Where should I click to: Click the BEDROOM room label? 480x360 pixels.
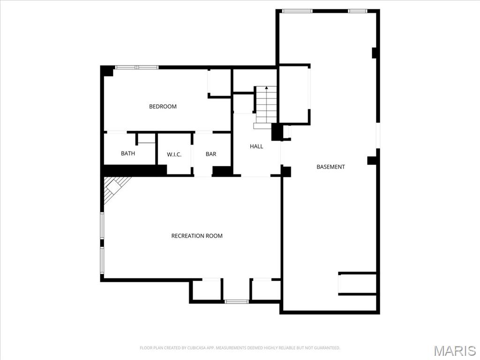tap(163, 106)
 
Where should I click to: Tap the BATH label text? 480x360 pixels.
tap(128, 153)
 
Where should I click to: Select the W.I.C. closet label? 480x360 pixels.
tap(174, 154)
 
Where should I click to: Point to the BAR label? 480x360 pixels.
tap(211, 154)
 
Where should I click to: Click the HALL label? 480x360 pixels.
tap(256, 146)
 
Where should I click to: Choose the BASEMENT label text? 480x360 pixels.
tap(330, 167)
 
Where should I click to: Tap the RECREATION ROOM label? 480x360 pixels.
tap(197, 236)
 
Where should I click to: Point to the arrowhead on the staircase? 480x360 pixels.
tap(267, 88)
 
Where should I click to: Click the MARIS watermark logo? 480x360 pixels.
tap(454, 350)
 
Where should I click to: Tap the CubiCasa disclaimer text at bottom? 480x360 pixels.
tap(240, 348)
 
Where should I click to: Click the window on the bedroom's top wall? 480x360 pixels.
tap(137, 67)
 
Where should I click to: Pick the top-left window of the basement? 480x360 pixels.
tap(297, 11)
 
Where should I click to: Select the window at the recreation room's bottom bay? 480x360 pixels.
tap(237, 301)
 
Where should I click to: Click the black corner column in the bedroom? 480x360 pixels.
tap(107, 71)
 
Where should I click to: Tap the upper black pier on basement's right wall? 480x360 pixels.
tap(375, 52)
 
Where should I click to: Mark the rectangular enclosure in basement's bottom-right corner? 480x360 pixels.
tap(357, 284)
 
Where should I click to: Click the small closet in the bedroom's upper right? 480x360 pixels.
tap(219, 83)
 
